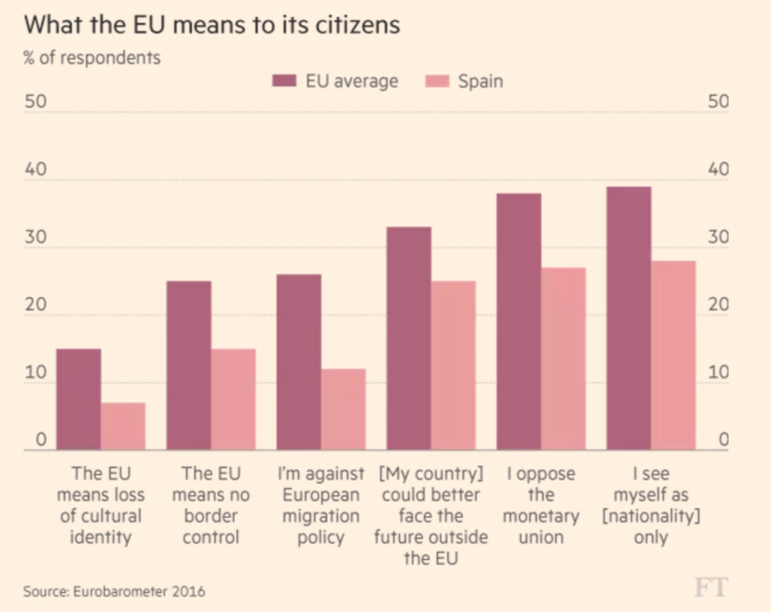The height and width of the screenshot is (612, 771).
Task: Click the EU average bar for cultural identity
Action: click(78, 399)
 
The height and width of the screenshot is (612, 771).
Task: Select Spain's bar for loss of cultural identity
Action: click(123, 426)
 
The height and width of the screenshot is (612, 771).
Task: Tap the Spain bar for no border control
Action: click(233, 399)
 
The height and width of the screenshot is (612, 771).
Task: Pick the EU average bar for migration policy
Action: click(299, 362)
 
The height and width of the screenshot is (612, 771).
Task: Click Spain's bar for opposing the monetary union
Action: click(563, 359)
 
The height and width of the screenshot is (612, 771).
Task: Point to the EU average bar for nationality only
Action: click(629, 318)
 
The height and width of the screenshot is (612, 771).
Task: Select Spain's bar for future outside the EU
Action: click(453, 366)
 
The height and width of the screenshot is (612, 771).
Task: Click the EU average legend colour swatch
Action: click(284, 81)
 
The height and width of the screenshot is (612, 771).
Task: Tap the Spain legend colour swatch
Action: click(437, 81)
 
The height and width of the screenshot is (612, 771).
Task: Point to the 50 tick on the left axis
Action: click(35, 102)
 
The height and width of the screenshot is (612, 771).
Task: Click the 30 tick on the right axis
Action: click(718, 237)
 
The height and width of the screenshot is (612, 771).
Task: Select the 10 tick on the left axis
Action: click(35, 372)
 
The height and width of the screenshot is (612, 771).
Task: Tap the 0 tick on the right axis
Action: click(723, 439)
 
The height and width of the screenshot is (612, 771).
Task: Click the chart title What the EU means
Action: click(212, 25)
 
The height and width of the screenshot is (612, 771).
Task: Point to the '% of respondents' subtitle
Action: click(92, 58)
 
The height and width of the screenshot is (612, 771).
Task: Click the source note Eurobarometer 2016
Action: click(114, 592)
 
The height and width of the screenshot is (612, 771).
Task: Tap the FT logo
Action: click(711, 588)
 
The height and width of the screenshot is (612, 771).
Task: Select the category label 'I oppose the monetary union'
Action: click(541, 505)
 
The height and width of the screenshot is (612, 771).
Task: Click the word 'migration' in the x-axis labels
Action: click(321, 516)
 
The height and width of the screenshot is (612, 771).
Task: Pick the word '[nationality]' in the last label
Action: click(651, 516)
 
